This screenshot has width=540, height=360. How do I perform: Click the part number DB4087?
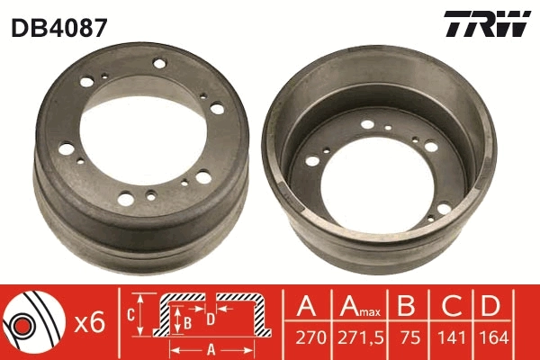(59, 27)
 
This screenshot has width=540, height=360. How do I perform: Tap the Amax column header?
(358, 309)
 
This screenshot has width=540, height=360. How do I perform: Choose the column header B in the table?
(407, 308)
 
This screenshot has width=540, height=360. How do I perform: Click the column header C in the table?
(447, 308)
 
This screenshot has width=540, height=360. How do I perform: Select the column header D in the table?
(490, 308)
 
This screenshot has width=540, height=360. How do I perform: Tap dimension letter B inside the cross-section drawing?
(186, 319)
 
